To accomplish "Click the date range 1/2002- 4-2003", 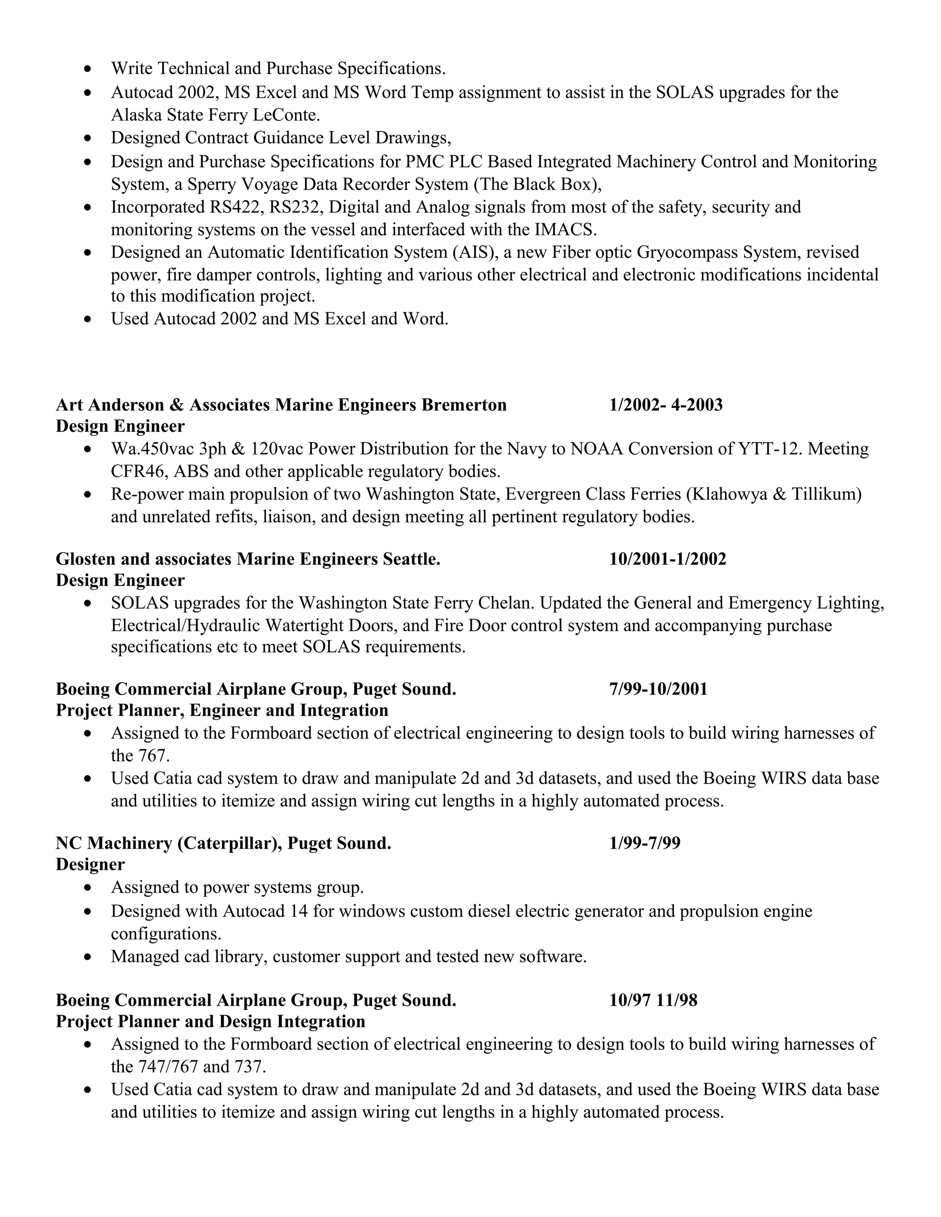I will click(666, 405).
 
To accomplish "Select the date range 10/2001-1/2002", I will click(667, 559).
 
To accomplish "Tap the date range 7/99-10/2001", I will click(658, 689).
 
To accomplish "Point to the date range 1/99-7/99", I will click(645, 843).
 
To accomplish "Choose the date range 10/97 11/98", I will click(653, 1000).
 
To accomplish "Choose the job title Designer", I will click(91, 864).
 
